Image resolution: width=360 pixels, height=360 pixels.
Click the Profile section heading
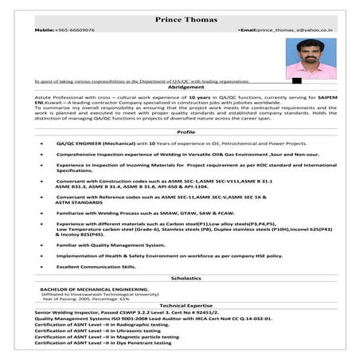pyautogui.click(x=186, y=131)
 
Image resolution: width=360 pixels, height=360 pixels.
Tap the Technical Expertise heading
pyautogui.click(x=186, y=305)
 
